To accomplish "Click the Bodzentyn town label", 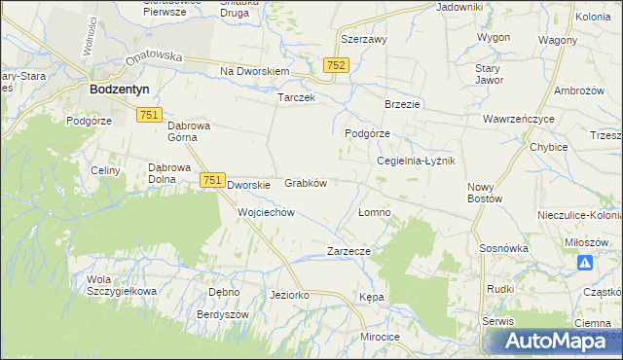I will tap(119, 88).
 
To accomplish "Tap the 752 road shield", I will tap(336, 63).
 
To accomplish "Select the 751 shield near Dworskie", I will tap(213, 180).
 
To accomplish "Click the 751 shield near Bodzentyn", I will tap(149, 115).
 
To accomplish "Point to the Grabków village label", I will tap(305, 182).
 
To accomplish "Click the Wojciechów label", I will tap(266, 211).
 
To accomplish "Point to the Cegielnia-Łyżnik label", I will tap(416, 161).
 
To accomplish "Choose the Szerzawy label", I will tap(364, 40).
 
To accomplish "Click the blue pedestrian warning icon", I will tap(585, 263).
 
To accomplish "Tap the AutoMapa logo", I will tap(552, 341).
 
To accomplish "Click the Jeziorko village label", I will tap(289, 294).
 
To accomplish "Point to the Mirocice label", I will tap(380, 336).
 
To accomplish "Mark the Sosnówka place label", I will tap(503, 248).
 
